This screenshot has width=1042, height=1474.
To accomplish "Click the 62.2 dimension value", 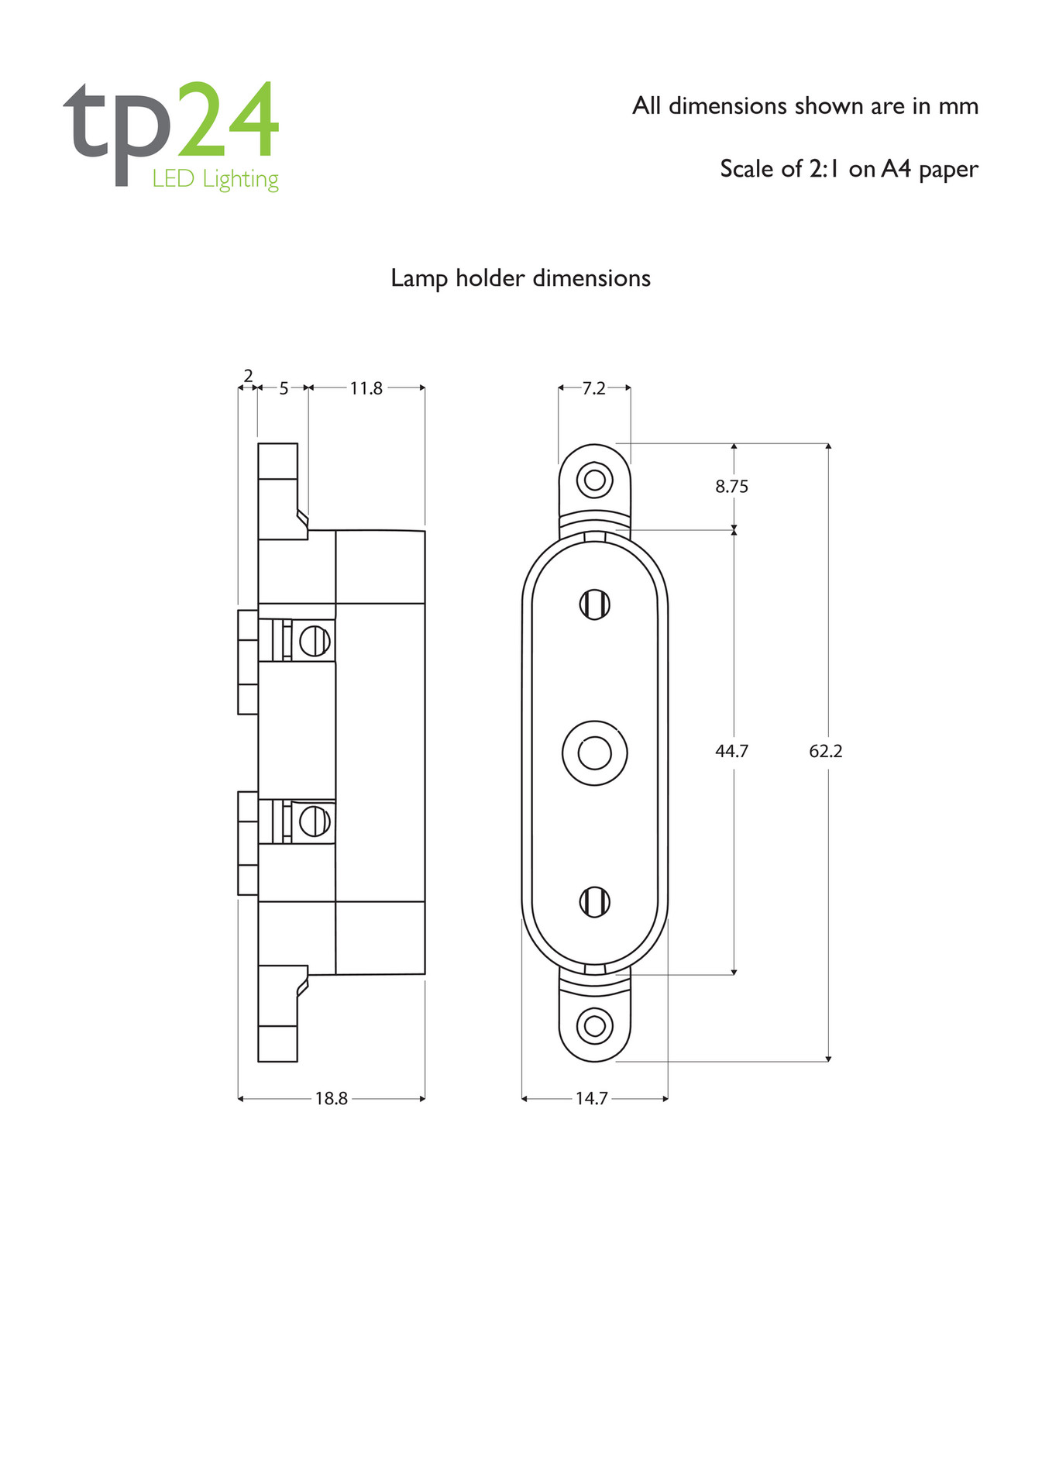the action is pos(825,751).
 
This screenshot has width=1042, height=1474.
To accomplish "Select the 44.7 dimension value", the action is pos(731,751).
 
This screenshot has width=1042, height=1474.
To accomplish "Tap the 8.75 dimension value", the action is pos(731,487).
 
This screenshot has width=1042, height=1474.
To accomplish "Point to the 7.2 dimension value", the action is pos(593,388).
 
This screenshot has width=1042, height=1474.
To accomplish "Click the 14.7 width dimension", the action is pos(591,1098).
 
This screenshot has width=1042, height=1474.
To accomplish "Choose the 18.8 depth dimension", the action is pos(331,1098).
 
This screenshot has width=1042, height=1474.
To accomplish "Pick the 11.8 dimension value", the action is pos(366,388).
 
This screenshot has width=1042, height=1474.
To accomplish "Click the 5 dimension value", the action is pos(284,388).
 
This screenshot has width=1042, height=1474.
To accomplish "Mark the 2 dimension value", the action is pos(248,376).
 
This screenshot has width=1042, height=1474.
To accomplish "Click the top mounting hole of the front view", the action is pos(594,480).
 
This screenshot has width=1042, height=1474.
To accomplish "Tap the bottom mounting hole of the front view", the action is pos(594,1025).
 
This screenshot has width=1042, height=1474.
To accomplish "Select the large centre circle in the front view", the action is pos(594,752).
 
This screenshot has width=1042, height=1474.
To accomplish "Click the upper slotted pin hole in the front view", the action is pos(594,604).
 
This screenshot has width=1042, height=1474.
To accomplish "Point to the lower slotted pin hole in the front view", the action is pos(594,902).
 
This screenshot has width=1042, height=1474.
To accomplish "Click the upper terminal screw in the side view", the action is pos(315,641).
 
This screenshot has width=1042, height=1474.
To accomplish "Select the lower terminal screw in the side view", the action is pos(315,821).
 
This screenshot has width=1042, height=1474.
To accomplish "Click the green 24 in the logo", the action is pos(228,119).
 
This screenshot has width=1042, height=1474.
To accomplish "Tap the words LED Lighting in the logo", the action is pos(215,179).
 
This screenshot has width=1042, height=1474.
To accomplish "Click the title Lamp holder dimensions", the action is pos(521,278).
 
